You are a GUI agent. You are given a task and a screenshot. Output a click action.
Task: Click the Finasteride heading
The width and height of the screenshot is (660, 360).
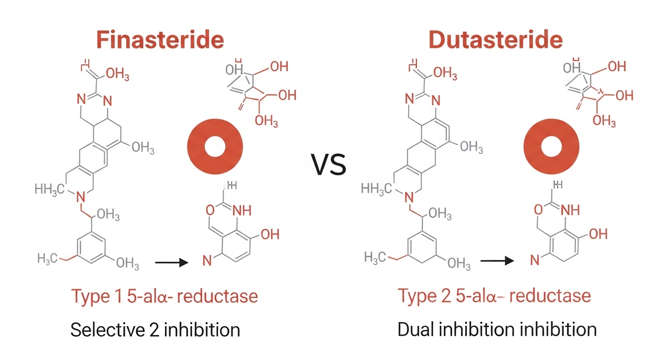coord(160,41)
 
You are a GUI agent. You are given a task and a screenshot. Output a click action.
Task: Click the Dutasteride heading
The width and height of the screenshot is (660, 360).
coord(495,41)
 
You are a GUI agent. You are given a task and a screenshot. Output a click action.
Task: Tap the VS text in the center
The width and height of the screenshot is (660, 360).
coord(329,165)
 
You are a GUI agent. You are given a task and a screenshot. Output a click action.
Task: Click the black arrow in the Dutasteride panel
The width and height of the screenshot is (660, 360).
coord(497,261)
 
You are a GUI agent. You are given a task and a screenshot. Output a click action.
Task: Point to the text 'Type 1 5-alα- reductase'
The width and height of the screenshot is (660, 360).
coord(164,296)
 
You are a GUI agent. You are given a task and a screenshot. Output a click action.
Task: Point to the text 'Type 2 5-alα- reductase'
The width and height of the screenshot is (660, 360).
coord(494,296)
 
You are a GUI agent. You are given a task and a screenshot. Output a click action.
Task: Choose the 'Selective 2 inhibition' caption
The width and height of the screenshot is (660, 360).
coord(155,330)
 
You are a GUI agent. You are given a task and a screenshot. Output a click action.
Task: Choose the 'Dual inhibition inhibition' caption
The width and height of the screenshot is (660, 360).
coord(497,330)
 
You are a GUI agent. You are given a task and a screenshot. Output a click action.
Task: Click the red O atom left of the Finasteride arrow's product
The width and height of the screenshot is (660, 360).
coord(210,210)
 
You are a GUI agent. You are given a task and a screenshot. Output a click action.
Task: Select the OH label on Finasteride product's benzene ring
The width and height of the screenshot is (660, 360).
coord(270,234)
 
